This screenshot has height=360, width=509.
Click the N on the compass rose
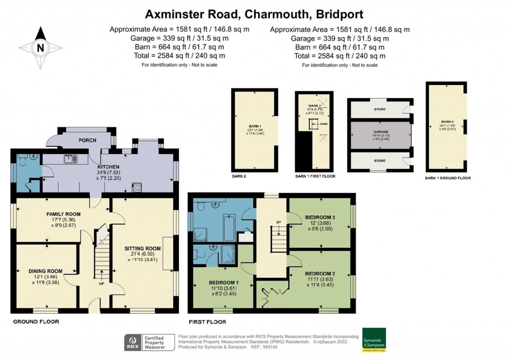pos(40,48)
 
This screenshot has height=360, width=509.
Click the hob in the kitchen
pos(137,187)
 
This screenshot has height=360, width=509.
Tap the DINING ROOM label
pos(46,271)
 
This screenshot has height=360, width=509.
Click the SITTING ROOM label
pos(143,248)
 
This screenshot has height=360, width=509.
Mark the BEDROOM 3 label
pos(320,218)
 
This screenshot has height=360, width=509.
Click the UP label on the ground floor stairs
pos(101,284)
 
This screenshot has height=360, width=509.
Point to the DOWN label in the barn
pos(324,124)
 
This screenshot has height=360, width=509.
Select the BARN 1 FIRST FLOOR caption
pos(315,176)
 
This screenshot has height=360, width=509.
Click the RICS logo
pos(132,342)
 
